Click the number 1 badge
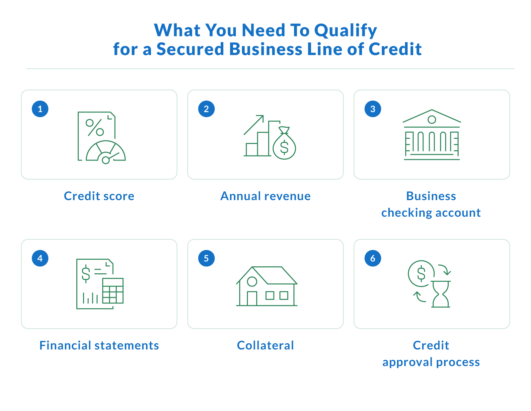(x=40, y=109)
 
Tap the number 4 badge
(x=40, y=258)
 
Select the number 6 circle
(x=373, y=258)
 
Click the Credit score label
(x=99, y=196)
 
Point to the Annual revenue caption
(x=265, y=196)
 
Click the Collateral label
(x=265, y=345)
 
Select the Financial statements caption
(x=99, y=345)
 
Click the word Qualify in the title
(x=345, y=31)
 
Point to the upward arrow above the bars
(x=254, y=125)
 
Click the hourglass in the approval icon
(x=441, y=294)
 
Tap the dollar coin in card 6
(x=421, y=274)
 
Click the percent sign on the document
(x=95, y=127)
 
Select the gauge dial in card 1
(x=106, y=153)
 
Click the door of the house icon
(x=252, y=298)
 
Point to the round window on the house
(x=252, y=282)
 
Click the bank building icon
(x=431, y=135)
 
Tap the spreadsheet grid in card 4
(x=113, y=291)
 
